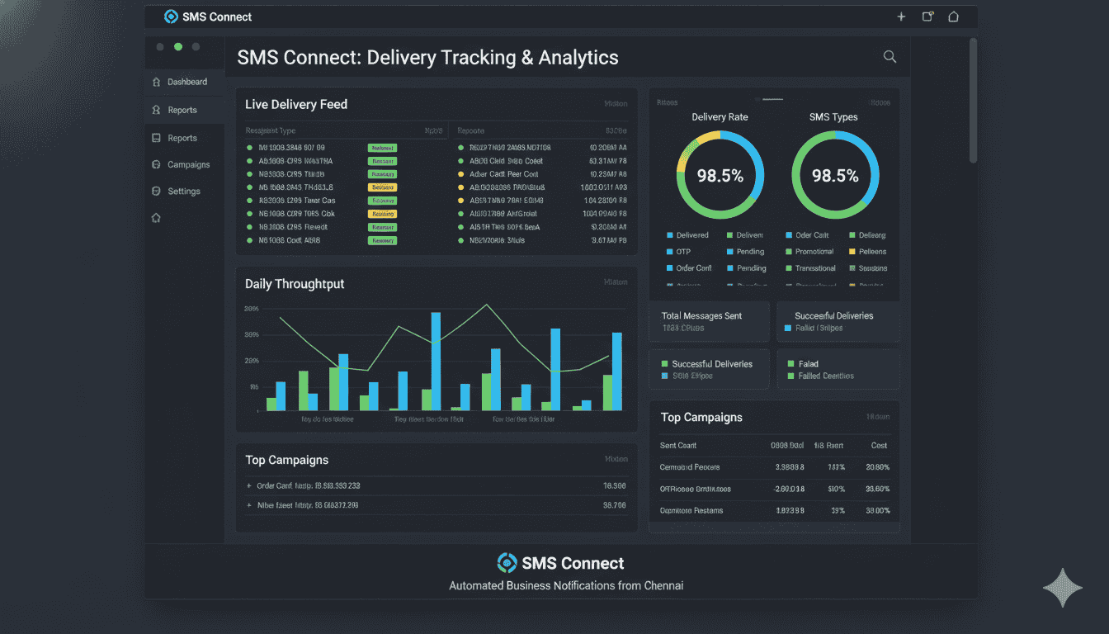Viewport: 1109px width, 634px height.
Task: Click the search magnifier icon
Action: coord(890,56)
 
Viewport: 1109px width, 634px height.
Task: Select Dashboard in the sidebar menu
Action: coord(186,82)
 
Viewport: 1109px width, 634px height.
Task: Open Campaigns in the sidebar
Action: coord(188,164)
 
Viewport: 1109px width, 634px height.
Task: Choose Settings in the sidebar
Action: coord(183,191)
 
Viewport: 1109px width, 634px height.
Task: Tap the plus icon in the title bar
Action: coord(901,17)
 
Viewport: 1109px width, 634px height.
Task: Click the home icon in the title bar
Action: coord(954,17)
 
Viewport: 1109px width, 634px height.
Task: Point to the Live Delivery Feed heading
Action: coord(295,104)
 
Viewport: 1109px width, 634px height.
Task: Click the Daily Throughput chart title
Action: coord(295,283)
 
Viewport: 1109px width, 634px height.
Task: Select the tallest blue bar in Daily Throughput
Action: coord(436,361)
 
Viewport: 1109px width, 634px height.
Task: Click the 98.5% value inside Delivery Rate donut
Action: coord(720,176)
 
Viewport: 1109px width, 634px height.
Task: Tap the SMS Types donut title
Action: coord(833,117)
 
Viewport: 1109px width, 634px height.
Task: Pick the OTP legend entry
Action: coord(683,252)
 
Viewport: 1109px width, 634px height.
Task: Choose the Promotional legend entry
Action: coord(814,252)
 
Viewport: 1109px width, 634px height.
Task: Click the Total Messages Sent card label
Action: coord(701,315)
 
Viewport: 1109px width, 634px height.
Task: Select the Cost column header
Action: coord(879,446)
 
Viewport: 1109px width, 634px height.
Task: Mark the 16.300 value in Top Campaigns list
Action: coord(614,486)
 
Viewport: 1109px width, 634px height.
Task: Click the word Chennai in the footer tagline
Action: coord(663,586)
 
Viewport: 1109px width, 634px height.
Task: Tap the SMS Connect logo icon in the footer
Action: coord(507,563)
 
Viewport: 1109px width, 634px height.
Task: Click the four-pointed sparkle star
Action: coord(1062,588)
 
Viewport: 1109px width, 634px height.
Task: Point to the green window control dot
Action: coord(178,47)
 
